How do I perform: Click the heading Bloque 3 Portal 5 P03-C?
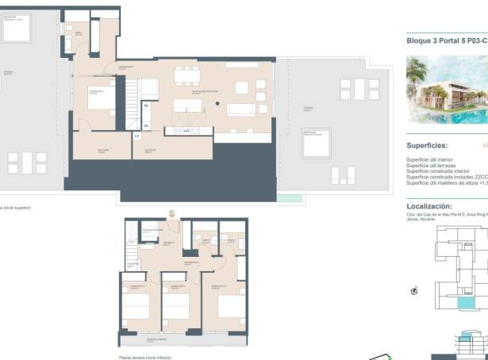tap(446, 38)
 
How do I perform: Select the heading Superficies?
tap(427, 146)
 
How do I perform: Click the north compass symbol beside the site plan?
tap(413, 290)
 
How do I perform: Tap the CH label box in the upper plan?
tap(147, 124)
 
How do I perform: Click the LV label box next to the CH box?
tap(137, 136)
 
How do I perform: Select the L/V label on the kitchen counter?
tap(186, 130)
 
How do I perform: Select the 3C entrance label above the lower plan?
tap(171, 212)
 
